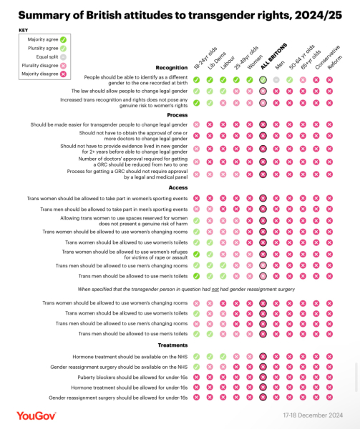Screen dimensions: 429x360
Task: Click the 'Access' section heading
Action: click(177, 187)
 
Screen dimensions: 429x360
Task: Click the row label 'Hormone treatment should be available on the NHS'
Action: click(130, 356)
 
